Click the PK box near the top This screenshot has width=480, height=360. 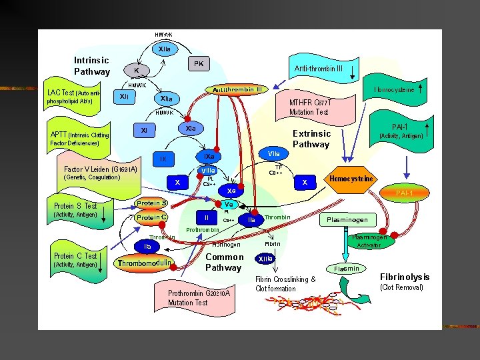[199, 63]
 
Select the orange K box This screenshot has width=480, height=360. [137, 70]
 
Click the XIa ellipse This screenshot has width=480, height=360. [190, 127]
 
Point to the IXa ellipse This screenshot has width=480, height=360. [210, 156]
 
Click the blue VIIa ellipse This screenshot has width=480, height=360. [274, 154]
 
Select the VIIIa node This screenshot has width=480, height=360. [209, 171]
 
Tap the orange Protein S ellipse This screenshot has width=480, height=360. [151, 203]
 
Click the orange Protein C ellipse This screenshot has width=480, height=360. [151, 217]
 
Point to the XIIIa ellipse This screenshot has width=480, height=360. [265, 259]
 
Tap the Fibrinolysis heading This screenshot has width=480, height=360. [405, 277]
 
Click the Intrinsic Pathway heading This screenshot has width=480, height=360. [92, 66]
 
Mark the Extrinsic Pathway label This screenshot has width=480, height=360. [311, 139]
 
